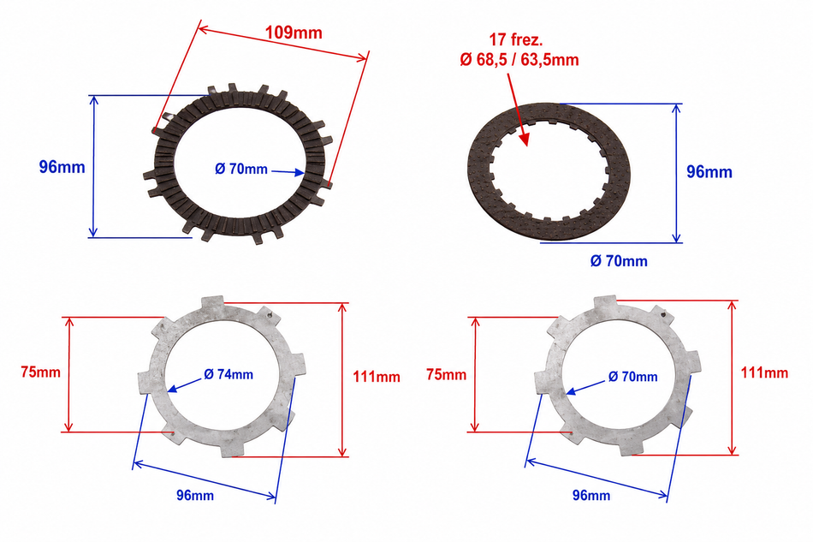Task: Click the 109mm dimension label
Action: pyautogui.click(x=294, y=33)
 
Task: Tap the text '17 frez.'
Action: pyautogui.click(x=516, y=40)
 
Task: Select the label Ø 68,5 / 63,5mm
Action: pyautogui.click(x=519, y=60)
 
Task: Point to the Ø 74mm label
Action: pyautogui.click(x=228, y=374)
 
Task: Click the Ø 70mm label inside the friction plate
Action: pyautogui.click(x=241, y=169)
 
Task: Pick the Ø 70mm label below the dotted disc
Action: pyautogui.click(x=619, y=261)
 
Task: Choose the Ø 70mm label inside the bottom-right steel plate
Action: pyautogui.click(x=632, y=377)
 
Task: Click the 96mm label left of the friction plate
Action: pyautogui.click(x=62, y=167)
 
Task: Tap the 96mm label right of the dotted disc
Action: pyautogui.click(x=709, y=172)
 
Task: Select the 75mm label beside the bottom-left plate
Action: pyautogui.click(x=40, y=372)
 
